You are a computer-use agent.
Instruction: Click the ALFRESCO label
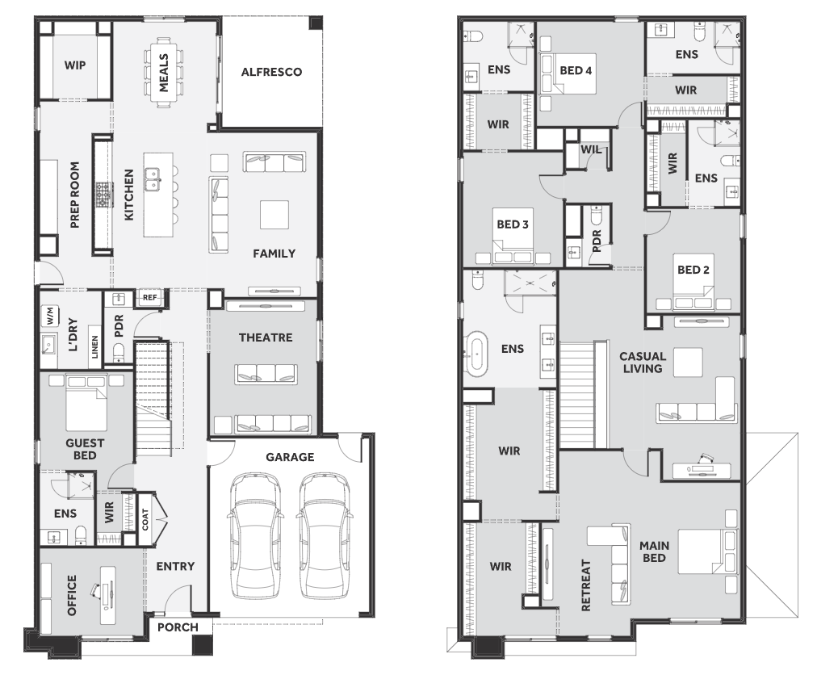[x=271, y=72]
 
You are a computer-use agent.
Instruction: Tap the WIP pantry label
[x=75, y=65]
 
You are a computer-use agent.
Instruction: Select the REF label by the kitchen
[x=149, y=297]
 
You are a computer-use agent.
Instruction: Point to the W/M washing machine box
[x=51, y=316]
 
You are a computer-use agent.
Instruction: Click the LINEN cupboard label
[x=94, y=346]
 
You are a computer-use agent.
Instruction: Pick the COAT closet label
[x=145, y=519]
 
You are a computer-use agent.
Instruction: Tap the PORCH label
[x=178, y=627]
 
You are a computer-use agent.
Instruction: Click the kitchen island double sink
[x=153, y=178]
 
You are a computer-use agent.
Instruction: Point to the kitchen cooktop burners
[x=103, y=195]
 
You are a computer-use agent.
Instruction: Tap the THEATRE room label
[x=266, y=337]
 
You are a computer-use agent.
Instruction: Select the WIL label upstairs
[x=590, y=149]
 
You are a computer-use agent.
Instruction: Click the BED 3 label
[x=513, y=224]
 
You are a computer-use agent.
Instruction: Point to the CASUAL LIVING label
[x=643, y=363]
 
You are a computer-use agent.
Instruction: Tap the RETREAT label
[x=586, y=585]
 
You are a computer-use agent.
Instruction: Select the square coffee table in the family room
[x=274, y=215]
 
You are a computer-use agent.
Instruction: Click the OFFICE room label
[x=72, y=595]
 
